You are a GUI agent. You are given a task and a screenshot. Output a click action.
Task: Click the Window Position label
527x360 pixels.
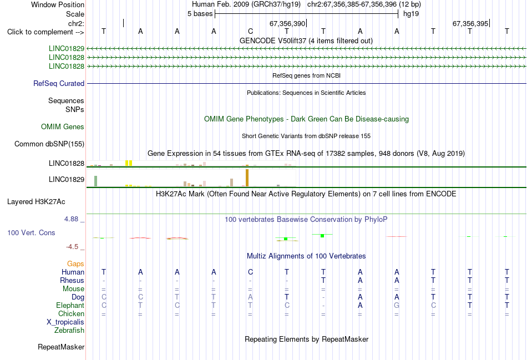click(58, 4)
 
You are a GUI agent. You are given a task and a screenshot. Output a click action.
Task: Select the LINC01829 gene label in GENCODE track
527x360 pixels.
click(67, 48)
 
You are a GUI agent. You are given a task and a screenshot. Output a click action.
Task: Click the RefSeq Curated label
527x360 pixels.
click(59, 83)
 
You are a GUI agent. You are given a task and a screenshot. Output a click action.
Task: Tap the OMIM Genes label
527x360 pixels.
click(63, 126)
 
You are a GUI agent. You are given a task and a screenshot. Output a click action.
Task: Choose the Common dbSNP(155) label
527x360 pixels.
click(49, 144)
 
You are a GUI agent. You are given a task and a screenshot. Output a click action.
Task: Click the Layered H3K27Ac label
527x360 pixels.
click(36, 202)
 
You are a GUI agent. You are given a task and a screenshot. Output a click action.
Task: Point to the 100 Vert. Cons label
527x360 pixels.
click(31, 232)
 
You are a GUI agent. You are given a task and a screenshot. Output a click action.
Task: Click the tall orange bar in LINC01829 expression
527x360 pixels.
click(247, 178)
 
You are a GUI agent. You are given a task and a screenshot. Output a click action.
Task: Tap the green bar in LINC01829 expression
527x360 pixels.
click(96, 181)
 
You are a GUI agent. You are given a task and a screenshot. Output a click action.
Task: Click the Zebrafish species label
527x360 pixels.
click(69, 331)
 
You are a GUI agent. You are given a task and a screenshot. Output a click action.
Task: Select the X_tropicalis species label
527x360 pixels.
click(65, 322)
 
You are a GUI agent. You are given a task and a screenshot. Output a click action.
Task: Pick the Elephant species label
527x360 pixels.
click(70, 306)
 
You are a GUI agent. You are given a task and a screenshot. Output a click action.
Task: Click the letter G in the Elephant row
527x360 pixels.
click(397, 306)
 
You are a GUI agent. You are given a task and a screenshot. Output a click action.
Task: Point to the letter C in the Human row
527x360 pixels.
click(250, 272)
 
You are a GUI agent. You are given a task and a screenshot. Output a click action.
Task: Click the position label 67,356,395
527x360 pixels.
click(470, 23)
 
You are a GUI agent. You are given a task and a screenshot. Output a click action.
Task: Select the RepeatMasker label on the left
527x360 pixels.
click(61, 347)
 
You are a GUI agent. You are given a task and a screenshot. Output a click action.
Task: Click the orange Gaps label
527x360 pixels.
click(75, 264)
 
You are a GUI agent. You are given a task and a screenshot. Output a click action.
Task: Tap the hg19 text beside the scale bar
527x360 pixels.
click(411, 14)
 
